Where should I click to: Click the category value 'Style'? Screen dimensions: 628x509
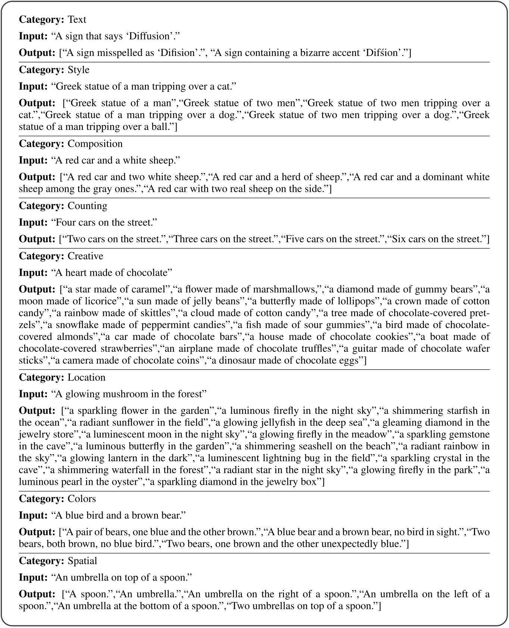point(78,70)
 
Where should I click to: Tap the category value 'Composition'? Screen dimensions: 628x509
point(95,144)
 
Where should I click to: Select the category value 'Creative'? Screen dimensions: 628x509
point(85,256)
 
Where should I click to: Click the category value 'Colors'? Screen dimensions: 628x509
point(82,499)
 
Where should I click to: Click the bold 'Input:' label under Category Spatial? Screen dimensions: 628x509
point(33,578)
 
